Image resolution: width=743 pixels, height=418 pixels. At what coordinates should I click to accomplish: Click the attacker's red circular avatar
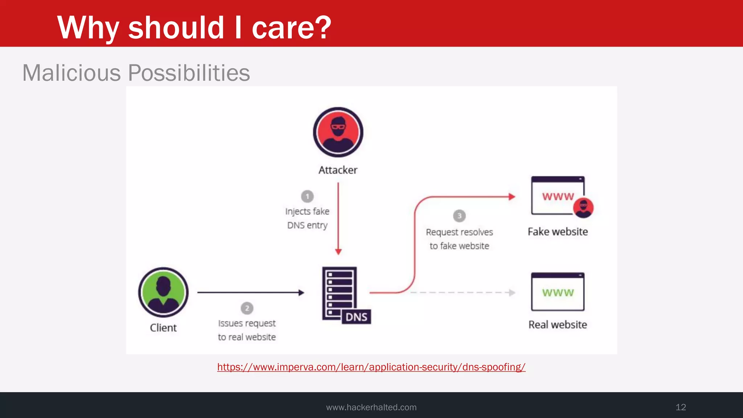[338, 132]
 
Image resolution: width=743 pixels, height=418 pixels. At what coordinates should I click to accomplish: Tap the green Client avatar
[163, 292]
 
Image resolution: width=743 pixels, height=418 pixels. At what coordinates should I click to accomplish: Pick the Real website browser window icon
[558, 292]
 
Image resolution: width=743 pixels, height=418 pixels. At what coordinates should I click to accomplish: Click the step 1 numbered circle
[307, 196]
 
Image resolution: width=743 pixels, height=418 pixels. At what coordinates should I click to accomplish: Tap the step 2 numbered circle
[247, 308]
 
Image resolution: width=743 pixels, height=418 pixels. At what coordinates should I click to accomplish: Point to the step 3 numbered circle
[459, 216]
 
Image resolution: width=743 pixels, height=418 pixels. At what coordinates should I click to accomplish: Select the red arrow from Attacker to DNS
[338, 218]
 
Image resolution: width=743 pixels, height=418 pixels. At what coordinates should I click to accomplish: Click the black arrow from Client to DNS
[250, 292]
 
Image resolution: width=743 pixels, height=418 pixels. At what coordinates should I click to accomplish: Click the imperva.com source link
[371, 367]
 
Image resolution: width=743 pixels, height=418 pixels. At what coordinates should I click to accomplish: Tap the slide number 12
[681, 407]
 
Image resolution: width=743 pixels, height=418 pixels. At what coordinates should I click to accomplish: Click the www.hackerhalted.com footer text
[371, 407]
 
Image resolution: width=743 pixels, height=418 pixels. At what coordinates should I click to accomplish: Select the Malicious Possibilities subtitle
[136, 73]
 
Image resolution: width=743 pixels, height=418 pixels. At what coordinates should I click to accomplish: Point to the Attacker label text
[338, 170]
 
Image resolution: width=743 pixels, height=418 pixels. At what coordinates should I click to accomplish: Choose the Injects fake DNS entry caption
[307, 218]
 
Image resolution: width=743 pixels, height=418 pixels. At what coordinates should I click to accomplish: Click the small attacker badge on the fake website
[583, 208]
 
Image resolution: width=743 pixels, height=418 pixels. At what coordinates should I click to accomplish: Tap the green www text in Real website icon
[558, 292]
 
